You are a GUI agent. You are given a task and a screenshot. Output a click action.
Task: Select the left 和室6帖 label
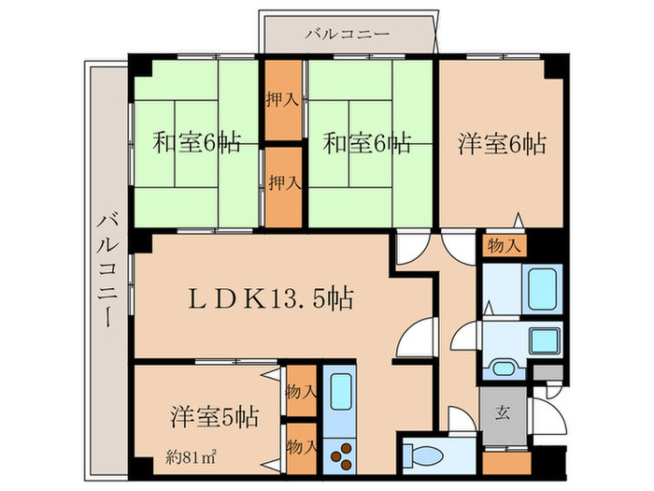(x=196, y=144)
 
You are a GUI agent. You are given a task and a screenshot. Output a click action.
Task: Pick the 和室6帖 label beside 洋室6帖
(x=366, y=144)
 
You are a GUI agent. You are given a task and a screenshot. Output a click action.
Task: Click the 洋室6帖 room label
(x=502, y=144)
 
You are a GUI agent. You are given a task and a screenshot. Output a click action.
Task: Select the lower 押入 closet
(x=283, y=183)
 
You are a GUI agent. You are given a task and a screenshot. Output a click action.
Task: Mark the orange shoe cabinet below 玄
(x=505, y=462)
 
